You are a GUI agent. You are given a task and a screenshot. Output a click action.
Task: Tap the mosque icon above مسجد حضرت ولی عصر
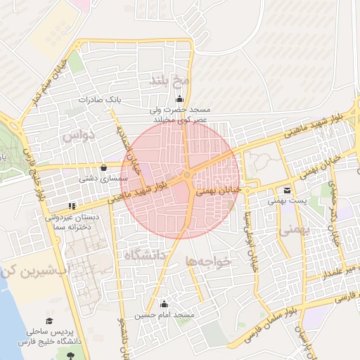pos(181,98)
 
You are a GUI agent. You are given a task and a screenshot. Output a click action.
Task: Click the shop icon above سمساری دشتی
pos(105,167)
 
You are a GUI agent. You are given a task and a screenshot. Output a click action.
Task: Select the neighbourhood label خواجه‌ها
pos(209,262)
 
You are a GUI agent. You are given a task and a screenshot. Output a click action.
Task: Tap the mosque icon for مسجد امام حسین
pos(165,304)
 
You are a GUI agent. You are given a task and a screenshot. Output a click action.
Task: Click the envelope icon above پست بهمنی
pos(286,190)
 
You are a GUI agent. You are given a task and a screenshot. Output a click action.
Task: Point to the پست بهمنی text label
pos(287,201)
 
